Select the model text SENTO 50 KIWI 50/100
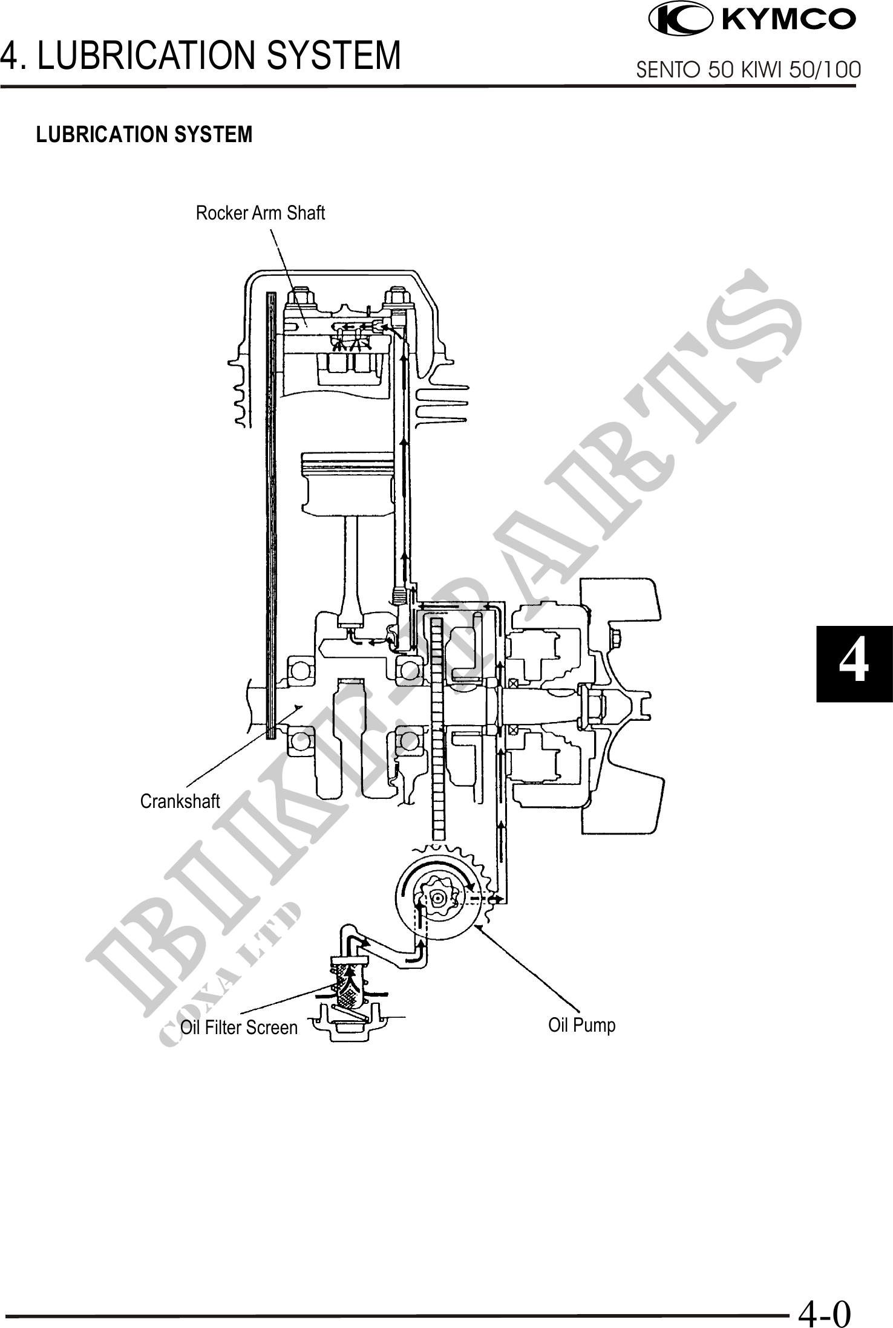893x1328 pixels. (749, 70)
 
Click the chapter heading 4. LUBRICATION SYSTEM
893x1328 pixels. (200, 55)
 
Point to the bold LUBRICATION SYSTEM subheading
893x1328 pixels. (145, 134)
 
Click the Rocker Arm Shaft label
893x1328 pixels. (260, 213)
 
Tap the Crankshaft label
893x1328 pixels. (180, 801)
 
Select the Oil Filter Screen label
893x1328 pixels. (239, 1027)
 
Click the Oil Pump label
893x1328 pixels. (582, 1025)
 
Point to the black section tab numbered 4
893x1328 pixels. (854, 664)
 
